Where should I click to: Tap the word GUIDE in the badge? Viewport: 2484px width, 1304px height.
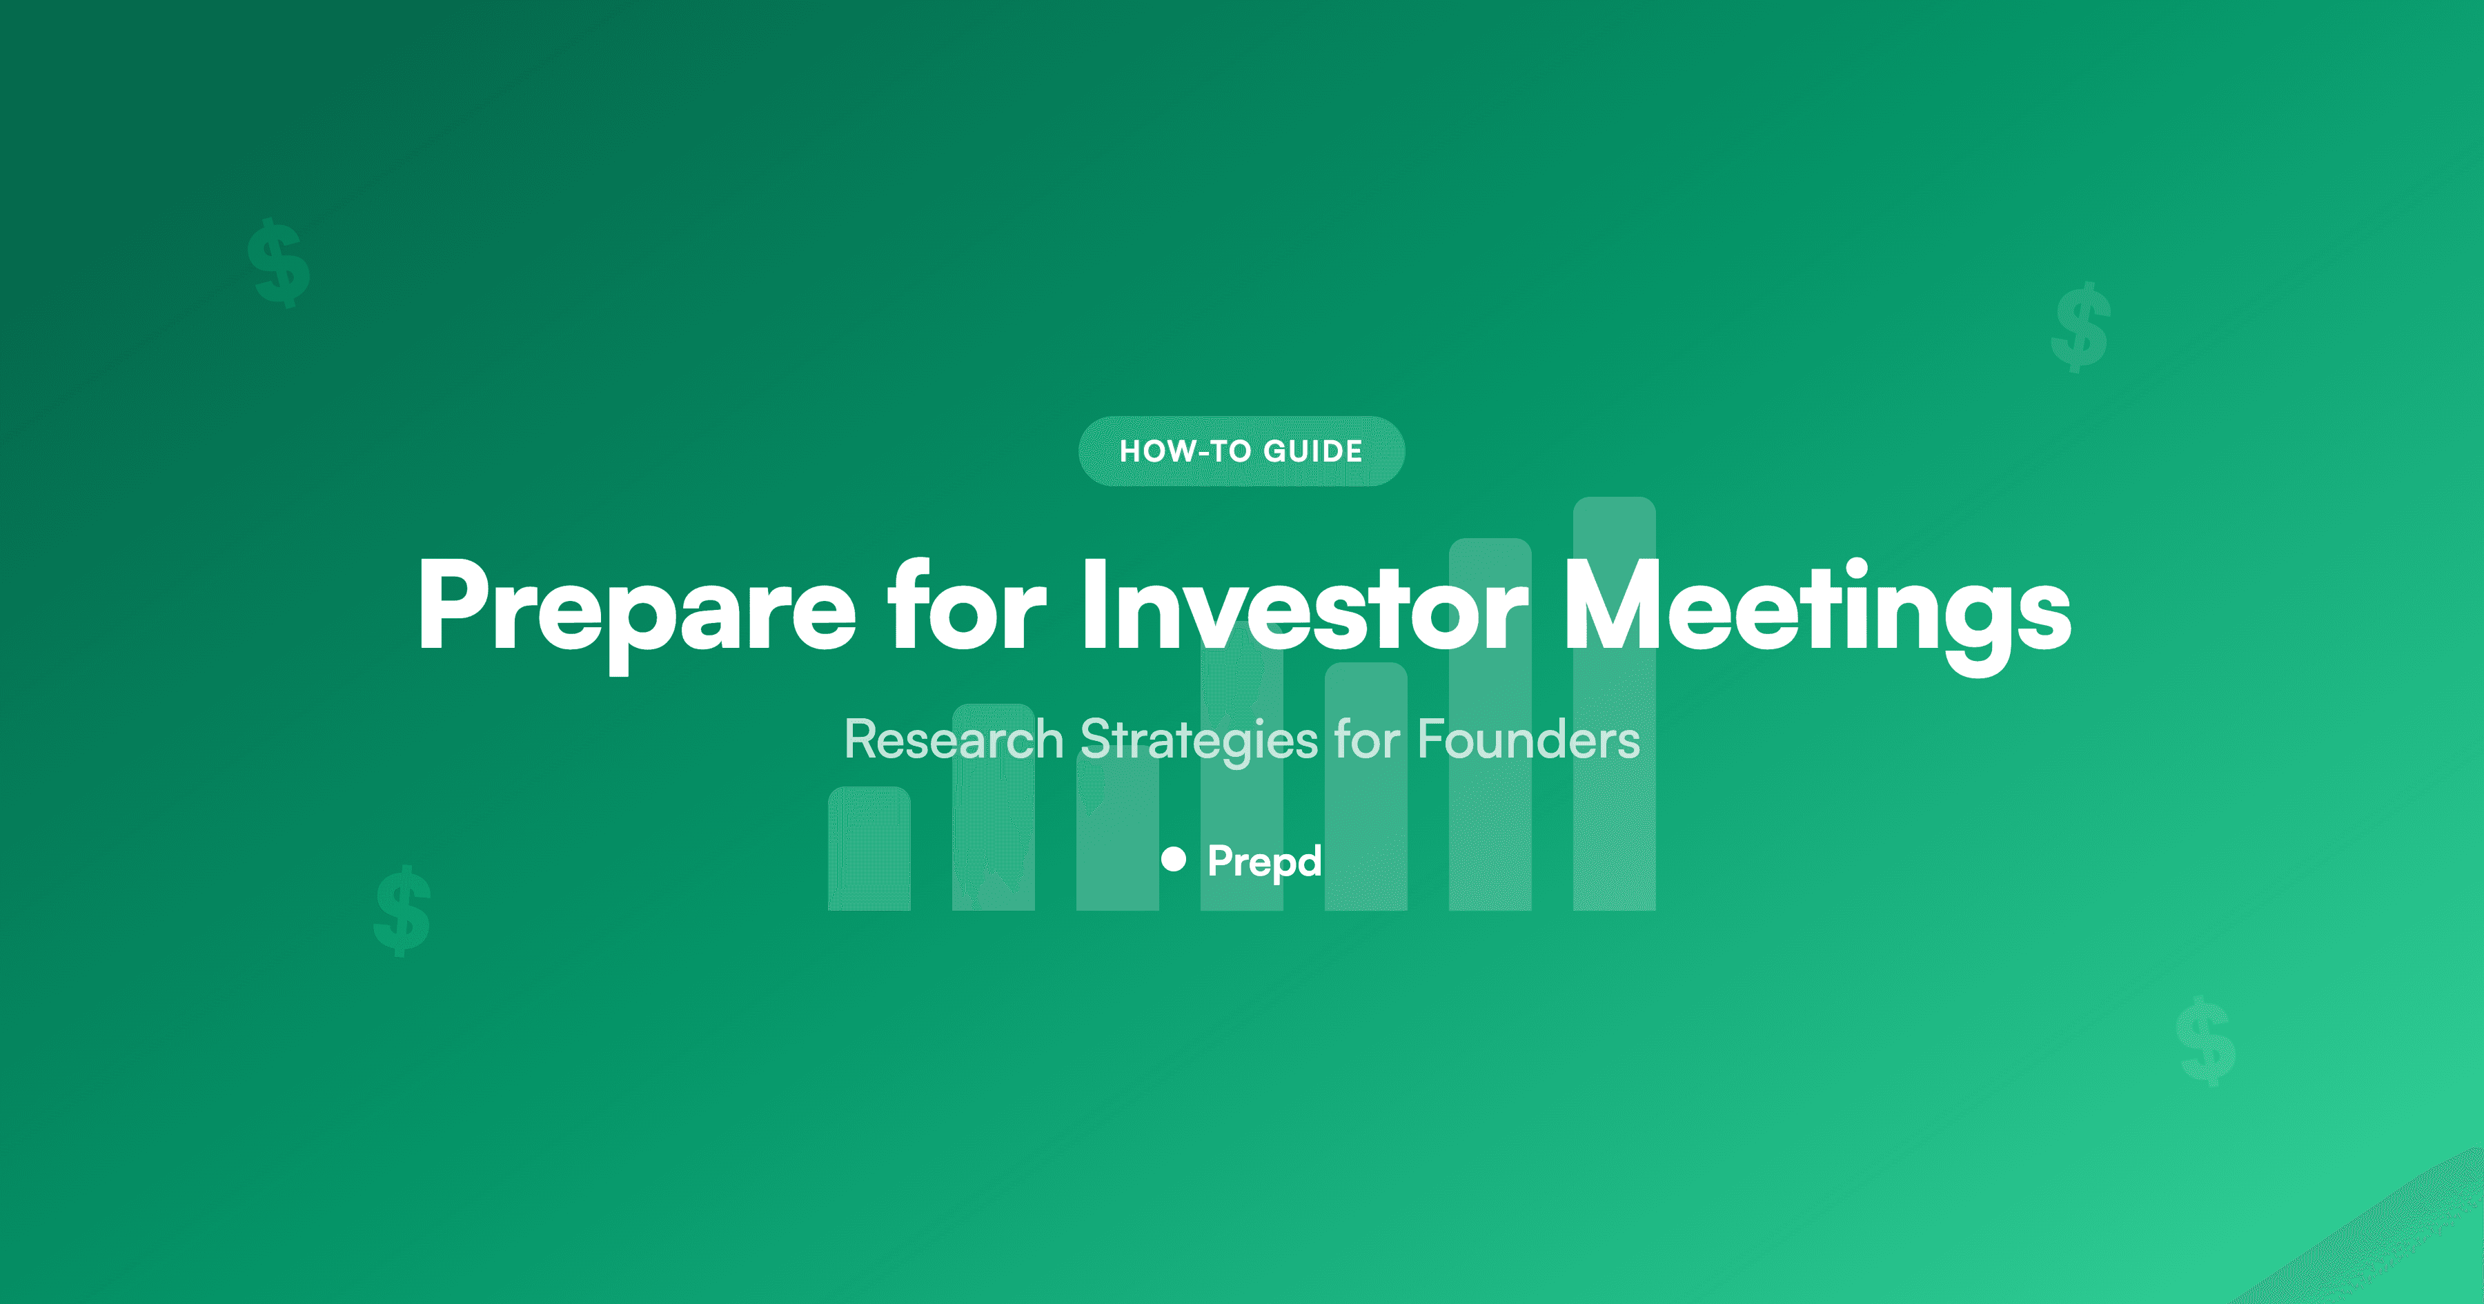tap(1312, 451)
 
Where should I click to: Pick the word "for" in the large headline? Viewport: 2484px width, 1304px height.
tap(967, 608)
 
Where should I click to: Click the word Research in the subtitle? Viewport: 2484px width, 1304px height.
tap(954, 740)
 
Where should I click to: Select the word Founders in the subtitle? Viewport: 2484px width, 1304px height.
tap(1528, 740)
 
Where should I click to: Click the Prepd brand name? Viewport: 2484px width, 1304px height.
tap(1264, 861)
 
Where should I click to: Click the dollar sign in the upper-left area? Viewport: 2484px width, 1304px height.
tap(279, 262)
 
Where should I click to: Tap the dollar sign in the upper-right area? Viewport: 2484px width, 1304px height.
tap(2082, 327)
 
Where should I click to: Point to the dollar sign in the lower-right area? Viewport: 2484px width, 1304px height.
tap(2207, 1042)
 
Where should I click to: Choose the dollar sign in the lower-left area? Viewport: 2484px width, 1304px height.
tap(402, 911)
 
